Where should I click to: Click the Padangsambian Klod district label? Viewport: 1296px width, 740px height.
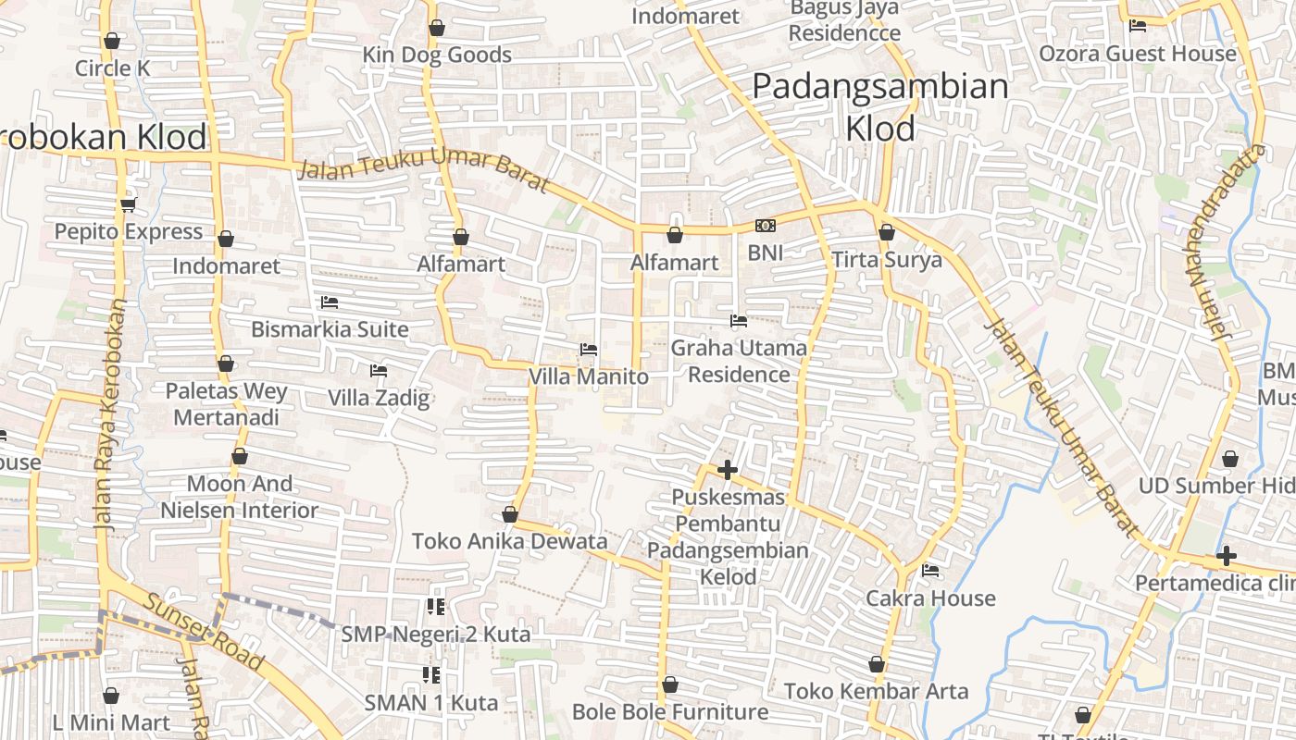(x=879, y=106)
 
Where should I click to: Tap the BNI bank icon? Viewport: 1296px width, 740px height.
(x=766, y=226)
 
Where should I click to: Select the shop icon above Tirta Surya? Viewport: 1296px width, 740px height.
(x=887, y=232)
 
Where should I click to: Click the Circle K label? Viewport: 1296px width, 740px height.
(x=112, y=68)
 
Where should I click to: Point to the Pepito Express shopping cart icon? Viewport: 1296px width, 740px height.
(x=128, y=204)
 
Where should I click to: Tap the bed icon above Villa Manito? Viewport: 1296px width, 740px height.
(x=588, y=350)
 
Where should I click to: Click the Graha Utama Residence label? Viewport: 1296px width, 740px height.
(x=739, y=361)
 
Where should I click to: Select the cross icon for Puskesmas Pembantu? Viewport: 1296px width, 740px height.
(x=728, y=470)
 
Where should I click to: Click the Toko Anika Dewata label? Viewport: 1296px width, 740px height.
(x=509, y=541)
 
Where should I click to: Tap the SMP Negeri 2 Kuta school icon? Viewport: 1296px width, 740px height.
(x=435, y=607)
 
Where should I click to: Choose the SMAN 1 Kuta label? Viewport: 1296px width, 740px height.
(x=431, y=703)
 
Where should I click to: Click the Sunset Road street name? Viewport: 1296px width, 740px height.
(x=203, y=633)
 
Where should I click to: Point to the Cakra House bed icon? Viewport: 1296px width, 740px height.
(x=930, y=571)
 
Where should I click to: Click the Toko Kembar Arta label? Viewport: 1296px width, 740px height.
(x=876, y=691)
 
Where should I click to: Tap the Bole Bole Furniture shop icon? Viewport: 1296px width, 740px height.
(x=670, y=685)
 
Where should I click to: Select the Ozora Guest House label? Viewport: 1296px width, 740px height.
(x=1137, y=54)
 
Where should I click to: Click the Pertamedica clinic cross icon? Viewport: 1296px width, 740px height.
(x=1227, y=556)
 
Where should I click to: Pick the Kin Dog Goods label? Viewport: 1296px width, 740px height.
(x=437, y=55)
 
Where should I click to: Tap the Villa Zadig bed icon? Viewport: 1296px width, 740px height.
(x=378, y=371)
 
